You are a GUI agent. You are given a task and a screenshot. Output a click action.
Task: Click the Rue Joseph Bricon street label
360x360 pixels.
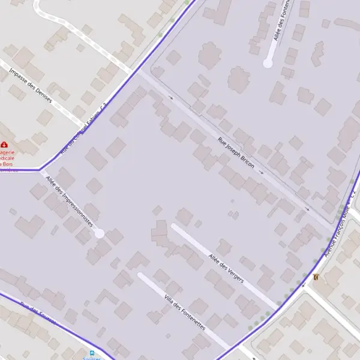coord(236,152)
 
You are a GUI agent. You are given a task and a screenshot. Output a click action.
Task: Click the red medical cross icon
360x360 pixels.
coord(5,145)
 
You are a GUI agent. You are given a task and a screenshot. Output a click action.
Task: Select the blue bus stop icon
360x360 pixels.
coord(92,353)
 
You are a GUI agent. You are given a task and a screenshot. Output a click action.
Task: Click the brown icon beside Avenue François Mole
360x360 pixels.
coord(316,277)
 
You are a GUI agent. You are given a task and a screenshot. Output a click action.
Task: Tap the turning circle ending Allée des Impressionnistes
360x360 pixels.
coord(100,233)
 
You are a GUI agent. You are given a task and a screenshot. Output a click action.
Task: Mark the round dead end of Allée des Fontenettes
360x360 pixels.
coord(268,62)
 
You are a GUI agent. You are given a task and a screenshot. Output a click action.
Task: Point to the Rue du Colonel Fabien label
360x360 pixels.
coord(84,128)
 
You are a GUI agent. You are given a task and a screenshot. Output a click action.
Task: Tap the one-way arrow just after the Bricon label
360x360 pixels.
coord(261,172)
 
